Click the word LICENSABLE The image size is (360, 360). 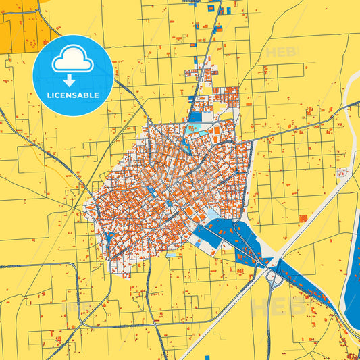tap(73, 94)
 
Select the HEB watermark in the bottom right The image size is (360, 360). tap(270, 307)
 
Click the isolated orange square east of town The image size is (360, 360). tap(303, 218)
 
